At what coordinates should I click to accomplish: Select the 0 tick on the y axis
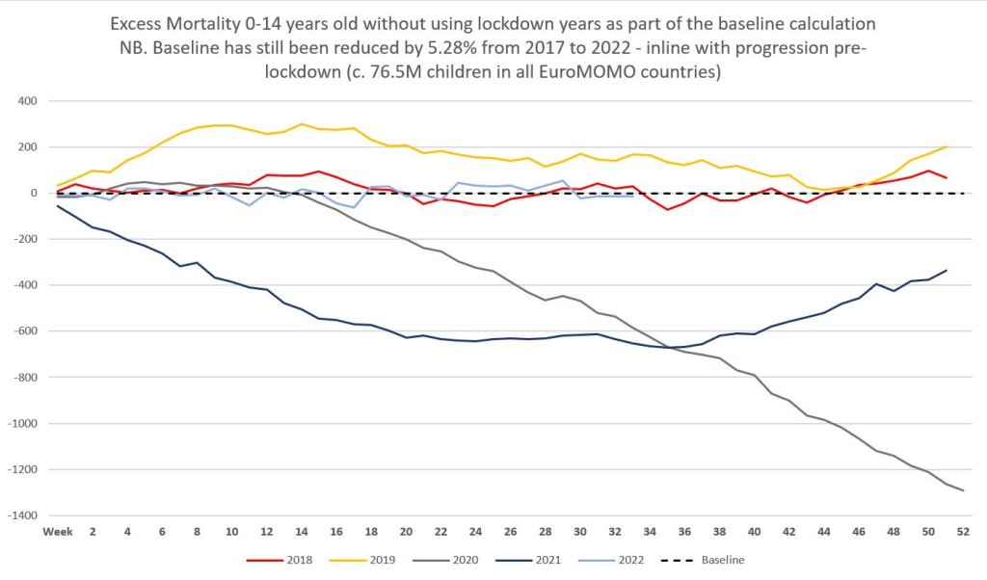tap(32, 194)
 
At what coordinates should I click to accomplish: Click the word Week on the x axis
tap(57, 532)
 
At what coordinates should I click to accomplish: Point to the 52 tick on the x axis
tap(963, 532)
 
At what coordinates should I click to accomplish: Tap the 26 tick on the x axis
tap(511, 532)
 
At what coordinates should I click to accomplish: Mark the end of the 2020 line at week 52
tap(963, 490)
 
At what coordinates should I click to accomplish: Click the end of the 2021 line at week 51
tap(946, 271)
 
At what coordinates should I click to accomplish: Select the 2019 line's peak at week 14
tap(302, 123)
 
